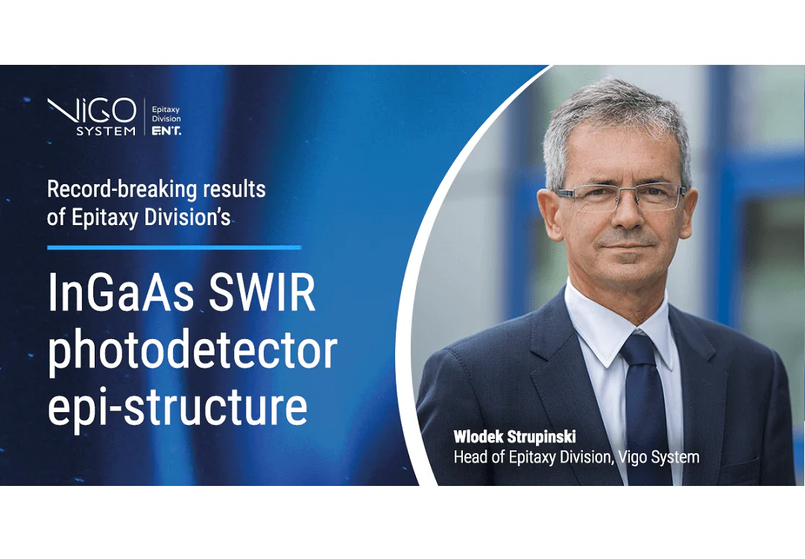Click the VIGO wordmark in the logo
click(92, 110)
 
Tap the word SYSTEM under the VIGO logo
click(107, 131)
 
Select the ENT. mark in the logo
click(166, 131)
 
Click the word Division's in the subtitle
click(187, 217)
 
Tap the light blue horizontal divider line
click(174, 247)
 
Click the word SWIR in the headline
click(262, 293)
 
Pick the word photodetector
click(192, 352)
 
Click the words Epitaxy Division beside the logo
click(166, 114)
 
